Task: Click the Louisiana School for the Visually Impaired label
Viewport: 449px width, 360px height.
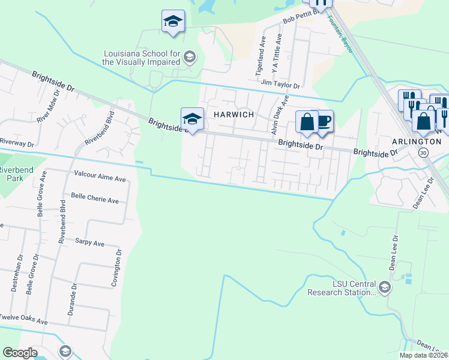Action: (x=142, y=57)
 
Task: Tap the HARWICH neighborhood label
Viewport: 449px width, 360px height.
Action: (x=231, y=114)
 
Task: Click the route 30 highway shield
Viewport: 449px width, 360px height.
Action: (x=423, y=153)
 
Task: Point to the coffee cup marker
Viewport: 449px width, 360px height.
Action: (x=324, y=122)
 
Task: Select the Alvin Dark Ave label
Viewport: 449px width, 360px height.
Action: (x=279, y=110)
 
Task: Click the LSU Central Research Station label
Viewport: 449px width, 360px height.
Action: (x=342, y=288)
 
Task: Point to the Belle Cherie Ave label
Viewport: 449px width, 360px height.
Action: (x=95, y=200)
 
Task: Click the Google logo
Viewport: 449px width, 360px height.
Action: (x=20, y=353)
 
